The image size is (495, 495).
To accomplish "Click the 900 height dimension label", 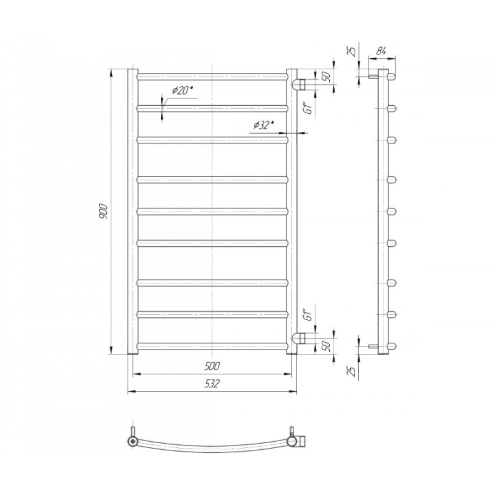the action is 104,212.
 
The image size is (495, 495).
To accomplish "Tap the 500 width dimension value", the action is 212,366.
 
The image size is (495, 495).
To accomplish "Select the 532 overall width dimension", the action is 212,384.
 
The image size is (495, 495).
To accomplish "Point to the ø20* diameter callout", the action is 182,90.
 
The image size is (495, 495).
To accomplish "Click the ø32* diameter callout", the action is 264,126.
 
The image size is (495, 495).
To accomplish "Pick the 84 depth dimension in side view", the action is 382,51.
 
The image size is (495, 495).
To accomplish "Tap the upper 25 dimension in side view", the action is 352,51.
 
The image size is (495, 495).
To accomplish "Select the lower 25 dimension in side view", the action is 352,371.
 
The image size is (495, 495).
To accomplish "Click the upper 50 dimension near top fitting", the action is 327,76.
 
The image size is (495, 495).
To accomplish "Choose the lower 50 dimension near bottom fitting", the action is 327,346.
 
